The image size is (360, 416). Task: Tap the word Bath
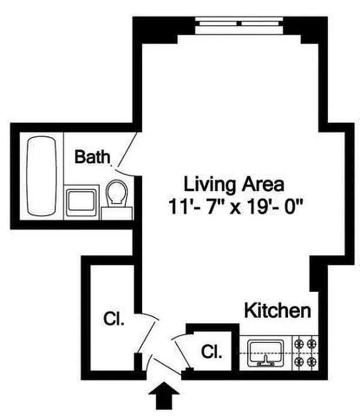(92, 157)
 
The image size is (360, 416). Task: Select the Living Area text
(233, 184)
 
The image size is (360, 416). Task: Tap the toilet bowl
(117, 193)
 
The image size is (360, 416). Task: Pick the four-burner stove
(306, 352)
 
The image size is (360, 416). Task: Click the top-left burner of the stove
(300, 344)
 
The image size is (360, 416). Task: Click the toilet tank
(116, 213)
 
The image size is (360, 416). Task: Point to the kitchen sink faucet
(265, 359)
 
